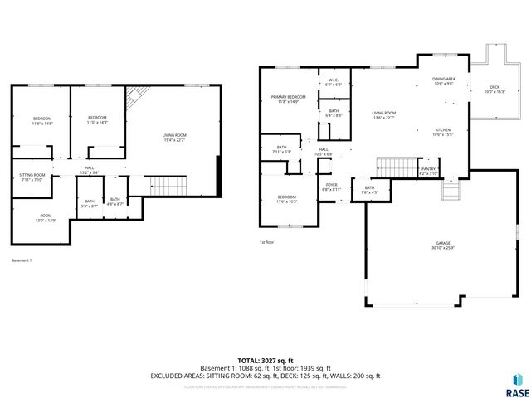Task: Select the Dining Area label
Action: pyautogui.click(x=444, y=81)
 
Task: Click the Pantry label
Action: pyautogui.click(x=428, y=171)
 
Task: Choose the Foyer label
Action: pyautogui.click(x=331, y=187)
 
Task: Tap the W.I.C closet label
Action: pyautogui.click(x=334, y=83)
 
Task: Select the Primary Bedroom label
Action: pyautogui.click(x=288, y=99)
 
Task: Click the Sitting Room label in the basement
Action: pyautogui.click(x=32, y=177)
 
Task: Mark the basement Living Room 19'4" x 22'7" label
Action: pyautogui.click(x=173, y=138)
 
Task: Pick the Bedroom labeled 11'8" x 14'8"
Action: pyautogui.click(x=42, y=121)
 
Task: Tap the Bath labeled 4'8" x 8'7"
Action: pyautogui.click(x=115, y=201)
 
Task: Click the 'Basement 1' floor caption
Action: pyautogui.click(x=22, y=260)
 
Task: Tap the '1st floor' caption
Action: pyautogui.click(x=267, y=242)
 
